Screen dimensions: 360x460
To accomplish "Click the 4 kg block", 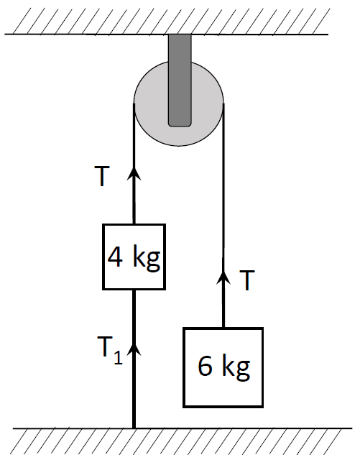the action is (134, 257).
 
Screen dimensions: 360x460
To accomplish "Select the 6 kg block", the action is (223, 367).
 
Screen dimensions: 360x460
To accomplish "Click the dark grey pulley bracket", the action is (180, 80).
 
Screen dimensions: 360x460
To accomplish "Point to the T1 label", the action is (110, 351).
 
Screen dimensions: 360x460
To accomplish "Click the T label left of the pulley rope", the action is (102, 176).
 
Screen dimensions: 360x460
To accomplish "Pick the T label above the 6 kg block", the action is (247, 280).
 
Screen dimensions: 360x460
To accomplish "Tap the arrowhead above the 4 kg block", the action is (134, 174).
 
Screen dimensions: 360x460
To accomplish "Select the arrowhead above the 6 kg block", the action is (223, 277).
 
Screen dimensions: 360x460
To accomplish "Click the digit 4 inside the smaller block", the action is (115, 257).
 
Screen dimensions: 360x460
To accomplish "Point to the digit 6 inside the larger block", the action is (205, 366).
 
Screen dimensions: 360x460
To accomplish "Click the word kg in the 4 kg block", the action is (147, 258).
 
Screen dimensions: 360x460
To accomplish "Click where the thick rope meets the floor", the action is (134, 428).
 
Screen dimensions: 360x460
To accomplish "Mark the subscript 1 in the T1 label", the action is (119, 358).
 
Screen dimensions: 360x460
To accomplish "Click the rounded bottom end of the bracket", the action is (180, 125).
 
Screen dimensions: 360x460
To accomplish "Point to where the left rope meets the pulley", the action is (134, 103).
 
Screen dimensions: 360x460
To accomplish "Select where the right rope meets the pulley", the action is (223, 103).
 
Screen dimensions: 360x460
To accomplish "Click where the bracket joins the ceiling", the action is (180, 34).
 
